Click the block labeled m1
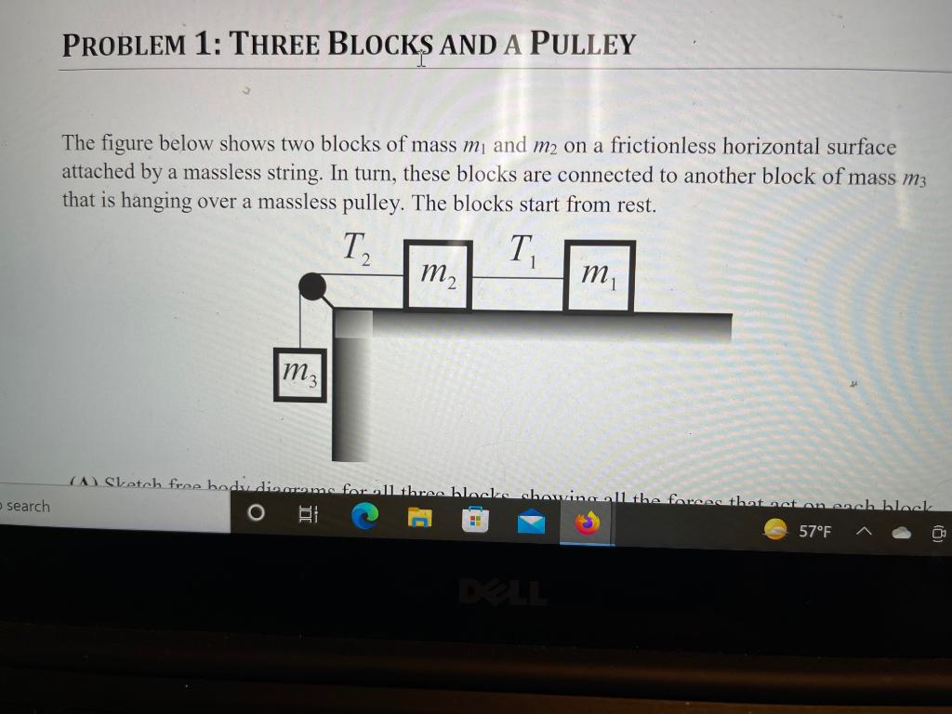599,276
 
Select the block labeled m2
438,276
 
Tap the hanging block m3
299,375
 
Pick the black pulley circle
312,288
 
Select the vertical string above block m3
300,321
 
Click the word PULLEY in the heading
582,44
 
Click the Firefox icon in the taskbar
586,524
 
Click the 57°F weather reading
815,532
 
